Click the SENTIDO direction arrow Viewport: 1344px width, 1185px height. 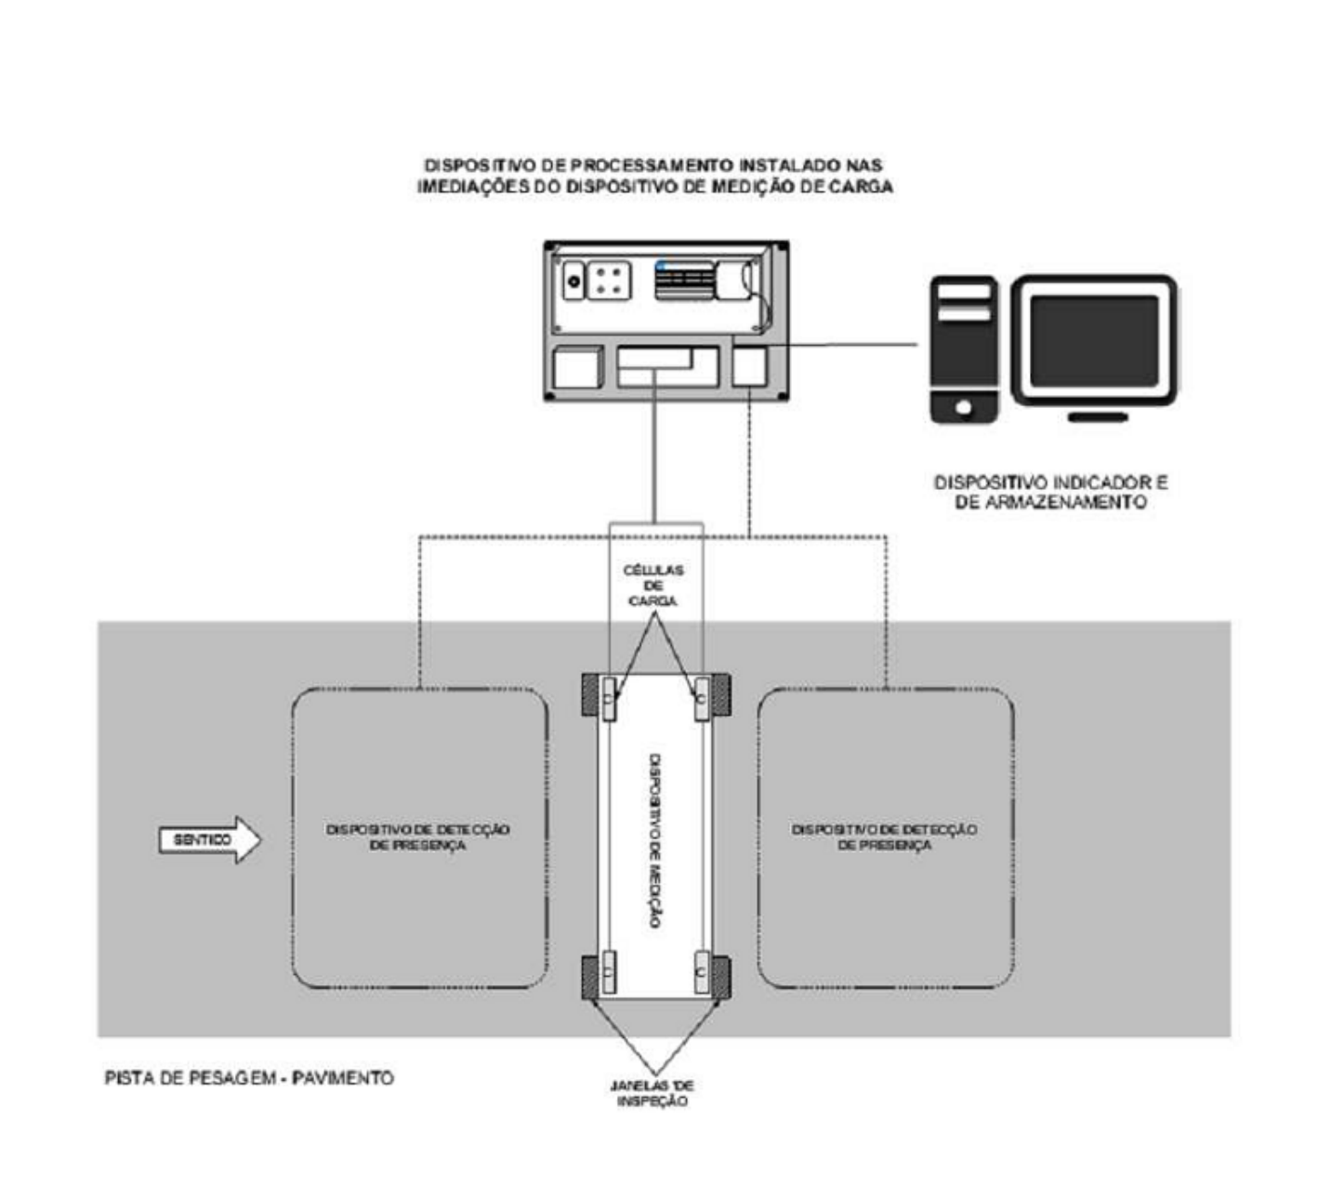tap(210, 839)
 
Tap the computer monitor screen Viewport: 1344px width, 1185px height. tap(1093, 340)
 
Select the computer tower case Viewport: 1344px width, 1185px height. tap(963, 349)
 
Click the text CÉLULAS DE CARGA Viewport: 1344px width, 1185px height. tap(653, 586)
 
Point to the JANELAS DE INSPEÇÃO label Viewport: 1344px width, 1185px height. tap(652, 1093)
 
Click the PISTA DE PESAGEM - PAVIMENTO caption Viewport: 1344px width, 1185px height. tap(249, 1077)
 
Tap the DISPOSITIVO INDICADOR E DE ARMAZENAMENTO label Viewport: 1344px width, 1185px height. tap(1051, 492)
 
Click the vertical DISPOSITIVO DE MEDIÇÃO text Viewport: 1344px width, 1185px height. tap(654, 840)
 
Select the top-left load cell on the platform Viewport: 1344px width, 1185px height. tap(608, 699)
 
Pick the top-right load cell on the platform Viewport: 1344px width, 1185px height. tap(701, 699)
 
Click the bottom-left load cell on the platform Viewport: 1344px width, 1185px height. tap(608, 971)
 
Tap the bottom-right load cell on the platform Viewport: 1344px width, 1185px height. tap(701, 971)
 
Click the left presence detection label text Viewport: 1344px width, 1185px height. tap(418, 837)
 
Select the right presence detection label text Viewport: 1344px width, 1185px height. tap(884, 837)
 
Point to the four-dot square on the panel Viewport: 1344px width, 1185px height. tap(608, 281)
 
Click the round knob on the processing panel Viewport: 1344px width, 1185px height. tap(574, 282)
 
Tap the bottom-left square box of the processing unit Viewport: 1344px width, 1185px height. tap(578, 367)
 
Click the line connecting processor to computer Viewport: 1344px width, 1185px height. tap(842, 345)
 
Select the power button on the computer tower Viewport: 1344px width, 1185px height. tap(964, 407)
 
